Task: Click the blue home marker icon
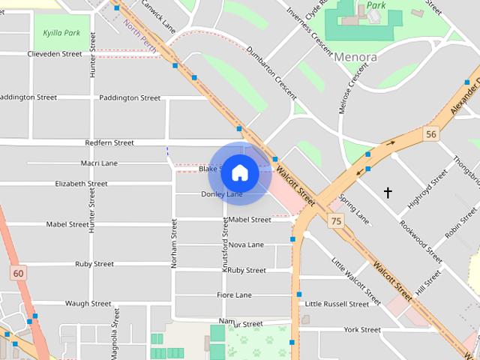pos(239,173)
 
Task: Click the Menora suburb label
pos(355,56)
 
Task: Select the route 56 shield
pos(430,134)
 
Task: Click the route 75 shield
pos(335,220)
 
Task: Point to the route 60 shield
pos(18,274)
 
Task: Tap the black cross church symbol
pos(388,193)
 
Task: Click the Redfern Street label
pos(109,142)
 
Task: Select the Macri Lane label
pos(99,163)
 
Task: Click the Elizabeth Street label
pos(81,184)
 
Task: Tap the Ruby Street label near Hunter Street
pos(94,264)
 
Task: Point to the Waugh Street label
pos(88,304)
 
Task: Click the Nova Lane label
pos(246,244)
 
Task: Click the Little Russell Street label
pos(337,304)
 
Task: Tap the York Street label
pos(362,329)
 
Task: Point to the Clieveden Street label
pos(55,54)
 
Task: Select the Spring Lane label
pos(355,209)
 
